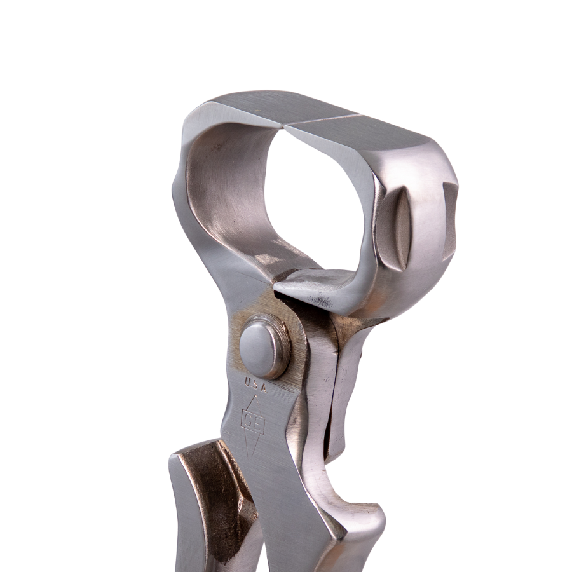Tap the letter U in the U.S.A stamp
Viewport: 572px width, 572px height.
tap(247, 382)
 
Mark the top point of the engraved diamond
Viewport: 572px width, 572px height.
tap(255, 395)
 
